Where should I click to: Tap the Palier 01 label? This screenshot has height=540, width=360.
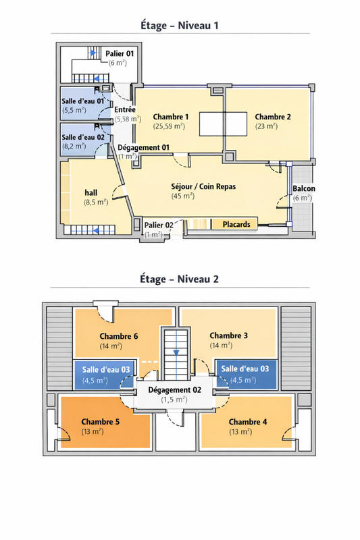tap(120, 53)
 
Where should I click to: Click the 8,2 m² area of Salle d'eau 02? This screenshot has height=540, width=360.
tap(75, 146)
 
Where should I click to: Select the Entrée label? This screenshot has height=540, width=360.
tap(126, 109)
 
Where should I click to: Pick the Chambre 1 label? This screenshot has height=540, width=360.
tap(170, 117)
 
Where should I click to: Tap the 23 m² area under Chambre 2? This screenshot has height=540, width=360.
tap(266, 126)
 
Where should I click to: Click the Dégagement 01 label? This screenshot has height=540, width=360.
tap(143, 147)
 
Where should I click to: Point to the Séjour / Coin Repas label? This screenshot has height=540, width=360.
tap(203, 186)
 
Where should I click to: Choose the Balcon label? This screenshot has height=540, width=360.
tap(303, 188)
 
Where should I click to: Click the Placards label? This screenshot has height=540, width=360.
tap(236, 224)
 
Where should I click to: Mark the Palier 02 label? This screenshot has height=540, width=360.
tap(159, 225)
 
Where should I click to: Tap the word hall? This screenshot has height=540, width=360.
tap(91, 192)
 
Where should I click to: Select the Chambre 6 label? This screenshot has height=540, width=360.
tap(120, 336)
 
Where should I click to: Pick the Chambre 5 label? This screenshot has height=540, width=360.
tap(101, 422)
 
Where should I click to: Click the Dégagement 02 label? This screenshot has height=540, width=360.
tap(174, 389)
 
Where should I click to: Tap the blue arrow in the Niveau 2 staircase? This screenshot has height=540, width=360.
tap(176, 352)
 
